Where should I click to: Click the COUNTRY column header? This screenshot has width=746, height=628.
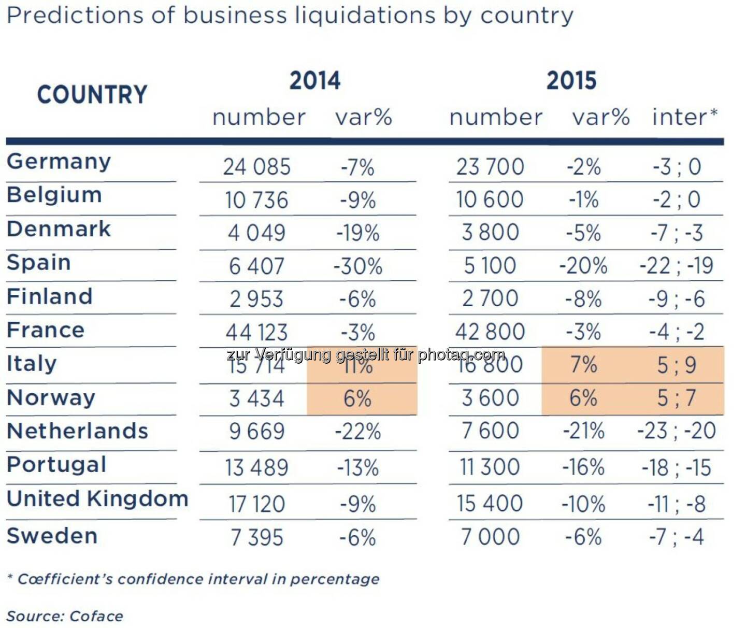[x=92, y=95]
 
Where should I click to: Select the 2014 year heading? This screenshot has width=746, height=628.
[x=315, y=81]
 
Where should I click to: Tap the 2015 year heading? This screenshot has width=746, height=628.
[x=571, y=81]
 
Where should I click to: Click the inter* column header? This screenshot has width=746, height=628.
[x=684, y=117]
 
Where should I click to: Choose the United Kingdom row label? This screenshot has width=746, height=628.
[x=97, y=498]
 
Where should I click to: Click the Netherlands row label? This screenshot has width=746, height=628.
[x=78, y=431]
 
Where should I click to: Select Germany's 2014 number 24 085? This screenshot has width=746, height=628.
[x=257, y=167]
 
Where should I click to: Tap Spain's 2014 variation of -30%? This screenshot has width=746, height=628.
[x=358, y=266]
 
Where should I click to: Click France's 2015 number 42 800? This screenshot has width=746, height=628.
[x=490, y=332]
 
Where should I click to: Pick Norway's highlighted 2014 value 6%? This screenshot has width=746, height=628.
[x=357, y=399]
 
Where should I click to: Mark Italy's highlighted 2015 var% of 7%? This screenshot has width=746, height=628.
[x=583, y=365]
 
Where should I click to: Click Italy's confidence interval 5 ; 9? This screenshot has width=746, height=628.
[x=677, y=365]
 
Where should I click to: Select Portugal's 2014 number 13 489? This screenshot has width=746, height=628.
[x=256, y=467]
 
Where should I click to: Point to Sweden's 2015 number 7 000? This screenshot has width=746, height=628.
[x=490, y=537]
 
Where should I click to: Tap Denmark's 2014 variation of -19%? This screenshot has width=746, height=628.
[x=358, y=233]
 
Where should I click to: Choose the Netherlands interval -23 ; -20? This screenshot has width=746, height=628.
[x=677, y=431]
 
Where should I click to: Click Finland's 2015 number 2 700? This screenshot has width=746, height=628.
[x=490, y=299]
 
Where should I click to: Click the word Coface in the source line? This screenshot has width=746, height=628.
[x=96, y=616]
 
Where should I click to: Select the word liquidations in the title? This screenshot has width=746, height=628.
[x=365, y=16]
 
